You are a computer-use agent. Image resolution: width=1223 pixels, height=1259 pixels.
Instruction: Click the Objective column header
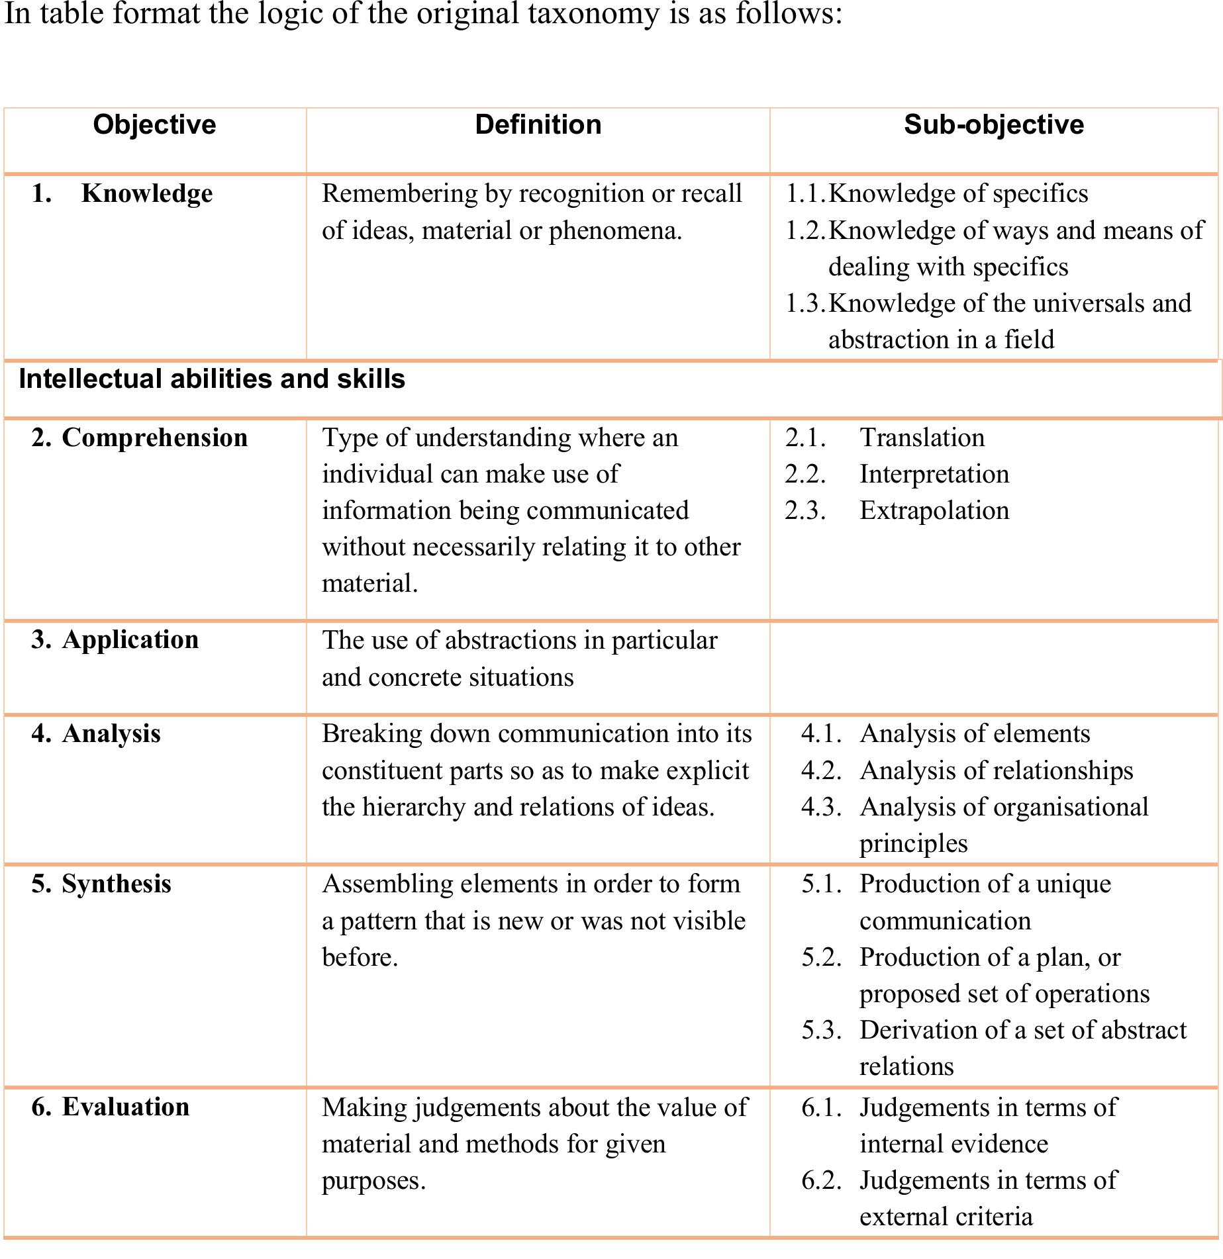point(154,125)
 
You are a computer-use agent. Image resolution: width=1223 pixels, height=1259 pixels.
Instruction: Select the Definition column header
point(538,125)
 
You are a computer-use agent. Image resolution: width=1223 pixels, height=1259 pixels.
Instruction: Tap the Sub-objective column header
point(993,125)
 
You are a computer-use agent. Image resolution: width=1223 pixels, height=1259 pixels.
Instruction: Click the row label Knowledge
point(147,194)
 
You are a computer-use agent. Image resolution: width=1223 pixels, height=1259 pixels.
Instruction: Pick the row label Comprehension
point(154,438)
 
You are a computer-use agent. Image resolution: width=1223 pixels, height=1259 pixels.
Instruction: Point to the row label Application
point(130,640)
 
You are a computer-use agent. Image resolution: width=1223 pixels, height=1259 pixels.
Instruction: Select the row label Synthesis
point(116,884)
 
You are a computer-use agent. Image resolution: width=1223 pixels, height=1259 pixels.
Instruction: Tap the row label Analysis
point(111,734)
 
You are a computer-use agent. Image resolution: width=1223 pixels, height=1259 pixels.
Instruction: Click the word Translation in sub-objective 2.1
point(922,438)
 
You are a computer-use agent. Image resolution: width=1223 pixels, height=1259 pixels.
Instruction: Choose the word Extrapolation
point(934,511)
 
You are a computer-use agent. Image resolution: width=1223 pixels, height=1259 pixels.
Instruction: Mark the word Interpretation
point(934,475)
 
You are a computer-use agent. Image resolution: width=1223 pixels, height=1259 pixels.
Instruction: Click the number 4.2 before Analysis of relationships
point(821,771)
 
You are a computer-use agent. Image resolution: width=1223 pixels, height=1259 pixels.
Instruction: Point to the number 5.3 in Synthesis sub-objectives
point(821,1031)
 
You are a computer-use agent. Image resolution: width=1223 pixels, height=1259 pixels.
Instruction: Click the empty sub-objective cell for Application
point(993,667)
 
